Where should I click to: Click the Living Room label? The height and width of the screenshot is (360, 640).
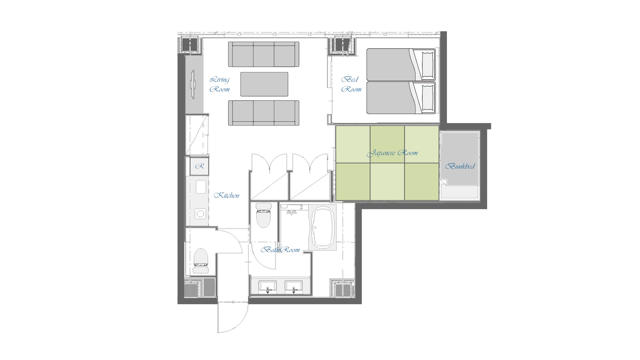pos(220,84)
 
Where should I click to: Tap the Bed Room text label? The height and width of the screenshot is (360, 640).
pos(351,84)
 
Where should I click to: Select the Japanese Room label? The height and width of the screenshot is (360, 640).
pos(392,153)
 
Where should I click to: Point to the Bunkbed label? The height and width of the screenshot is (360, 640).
pos(460,166)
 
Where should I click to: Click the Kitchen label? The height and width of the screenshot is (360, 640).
pos(227,195)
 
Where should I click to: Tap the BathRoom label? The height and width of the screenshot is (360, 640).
pos(280,250)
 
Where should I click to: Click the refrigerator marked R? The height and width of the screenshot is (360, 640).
pos(199,166)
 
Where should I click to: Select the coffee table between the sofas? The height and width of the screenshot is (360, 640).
pos(264,84)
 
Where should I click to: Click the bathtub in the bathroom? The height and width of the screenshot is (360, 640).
pos(323,228)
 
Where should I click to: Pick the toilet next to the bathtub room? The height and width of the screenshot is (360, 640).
pos(263,215)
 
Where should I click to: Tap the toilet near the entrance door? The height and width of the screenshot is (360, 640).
pos(201,261)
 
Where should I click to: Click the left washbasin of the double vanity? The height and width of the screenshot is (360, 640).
pos(268,286)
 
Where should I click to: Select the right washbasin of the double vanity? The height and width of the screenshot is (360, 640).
pos(294,286)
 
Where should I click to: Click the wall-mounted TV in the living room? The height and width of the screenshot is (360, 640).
pos(193,84)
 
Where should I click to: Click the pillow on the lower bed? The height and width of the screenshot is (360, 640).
pos(428,98)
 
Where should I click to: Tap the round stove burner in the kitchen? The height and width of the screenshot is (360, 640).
pos(201,214)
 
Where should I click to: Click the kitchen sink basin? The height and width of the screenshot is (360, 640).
pos(201,187)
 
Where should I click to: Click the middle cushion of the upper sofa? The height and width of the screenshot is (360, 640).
pos(264,54)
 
